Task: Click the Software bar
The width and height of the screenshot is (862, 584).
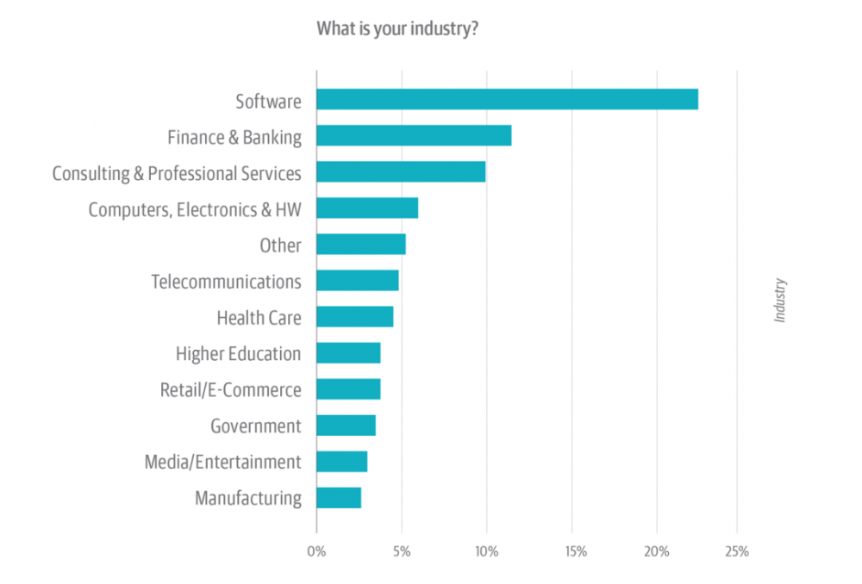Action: [507, 100]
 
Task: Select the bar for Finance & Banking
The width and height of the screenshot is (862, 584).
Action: [414, 136]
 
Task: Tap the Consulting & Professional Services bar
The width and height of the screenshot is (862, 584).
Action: [401, 172]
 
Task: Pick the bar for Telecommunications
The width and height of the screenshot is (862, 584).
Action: [358, 281]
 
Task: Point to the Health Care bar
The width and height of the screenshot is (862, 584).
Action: [355, 317]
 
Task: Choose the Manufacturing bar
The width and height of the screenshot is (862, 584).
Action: [339, 498]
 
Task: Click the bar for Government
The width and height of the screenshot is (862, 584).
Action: [346, 426]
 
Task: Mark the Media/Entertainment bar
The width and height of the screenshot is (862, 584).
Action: [342, 462]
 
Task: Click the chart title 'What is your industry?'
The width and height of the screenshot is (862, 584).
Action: [397, 29]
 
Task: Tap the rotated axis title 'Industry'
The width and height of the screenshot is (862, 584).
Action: [780, 300]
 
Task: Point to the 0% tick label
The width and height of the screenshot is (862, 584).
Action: [316, 552]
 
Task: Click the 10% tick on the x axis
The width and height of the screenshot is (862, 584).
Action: [486, 552]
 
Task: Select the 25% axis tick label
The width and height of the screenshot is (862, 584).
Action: [737, 552]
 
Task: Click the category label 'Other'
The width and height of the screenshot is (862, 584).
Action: [280, 245]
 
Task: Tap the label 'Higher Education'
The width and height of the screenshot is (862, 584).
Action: [238, 354]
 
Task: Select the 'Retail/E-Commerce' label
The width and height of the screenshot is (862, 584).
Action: [230, 390]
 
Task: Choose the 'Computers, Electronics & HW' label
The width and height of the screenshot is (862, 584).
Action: [195, 209]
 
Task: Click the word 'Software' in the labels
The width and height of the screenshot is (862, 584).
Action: [268, 102]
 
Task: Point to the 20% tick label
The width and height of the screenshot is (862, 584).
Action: [657, 552]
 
